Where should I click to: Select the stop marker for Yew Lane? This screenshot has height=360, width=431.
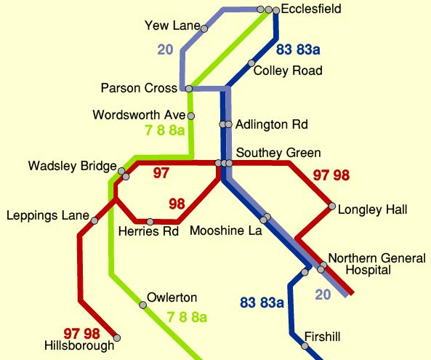[x=204, y=28]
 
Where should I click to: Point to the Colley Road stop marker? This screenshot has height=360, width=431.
[x=251, y=63]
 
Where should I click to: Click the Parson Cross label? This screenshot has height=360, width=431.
[x=139, y=89]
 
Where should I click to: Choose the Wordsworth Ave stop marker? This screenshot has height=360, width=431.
[x=191, y=115]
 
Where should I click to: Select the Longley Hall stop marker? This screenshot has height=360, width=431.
[x=332, y=207]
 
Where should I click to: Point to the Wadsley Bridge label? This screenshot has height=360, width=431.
[x=67, y=167]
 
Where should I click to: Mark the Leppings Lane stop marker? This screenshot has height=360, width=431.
[x=94, y=219]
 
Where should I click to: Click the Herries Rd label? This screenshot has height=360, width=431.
[x=148, y=233]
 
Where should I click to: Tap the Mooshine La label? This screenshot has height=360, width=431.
[x=225, y=231]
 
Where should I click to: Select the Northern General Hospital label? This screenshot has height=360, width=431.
[x=362, y=264]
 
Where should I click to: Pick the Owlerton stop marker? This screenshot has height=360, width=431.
[x=143, y=305]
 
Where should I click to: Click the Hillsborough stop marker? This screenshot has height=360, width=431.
[x=117, y=337]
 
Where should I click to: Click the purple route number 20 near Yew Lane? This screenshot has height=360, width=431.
[x=165, y=50]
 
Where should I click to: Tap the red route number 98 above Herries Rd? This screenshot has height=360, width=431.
[x=177, y=203]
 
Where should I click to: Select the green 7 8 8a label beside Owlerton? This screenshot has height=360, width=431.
[x=188, y=317]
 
